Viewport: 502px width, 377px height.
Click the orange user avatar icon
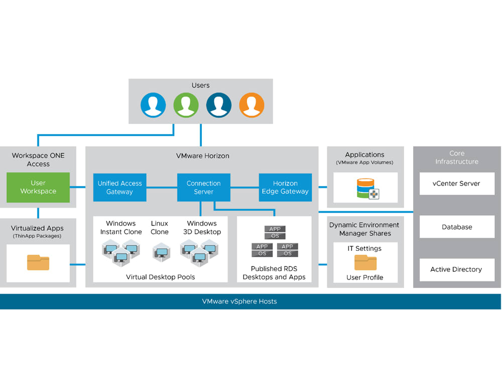tap(251, 105)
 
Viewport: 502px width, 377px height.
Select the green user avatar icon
tap(186, 105)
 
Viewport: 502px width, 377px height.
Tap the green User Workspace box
tap(38, 187)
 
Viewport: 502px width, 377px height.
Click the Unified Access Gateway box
tap(119, 187)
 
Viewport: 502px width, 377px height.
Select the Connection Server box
tap(203, 187)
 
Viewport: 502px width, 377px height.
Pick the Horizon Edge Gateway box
tap(285, 187)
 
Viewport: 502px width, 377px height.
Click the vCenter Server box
tap(456, 184)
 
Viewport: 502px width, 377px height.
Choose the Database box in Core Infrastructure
tap(456, 227)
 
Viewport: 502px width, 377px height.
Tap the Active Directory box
tap(456, 269)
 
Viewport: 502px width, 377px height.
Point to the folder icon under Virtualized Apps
tap(38, 262)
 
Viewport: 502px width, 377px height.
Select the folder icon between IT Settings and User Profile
tap(365, 262)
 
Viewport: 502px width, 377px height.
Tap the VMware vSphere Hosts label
tap(239, 302)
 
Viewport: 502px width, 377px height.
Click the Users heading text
tap(200, 85)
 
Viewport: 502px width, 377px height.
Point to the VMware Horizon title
tap(203, 156)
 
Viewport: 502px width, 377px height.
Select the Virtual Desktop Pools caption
tap(160, 277)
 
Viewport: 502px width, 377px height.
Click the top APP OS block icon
tap(275, 233)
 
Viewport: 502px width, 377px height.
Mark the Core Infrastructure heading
tap(456, 157)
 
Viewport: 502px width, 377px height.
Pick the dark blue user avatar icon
tap(218, 105)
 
